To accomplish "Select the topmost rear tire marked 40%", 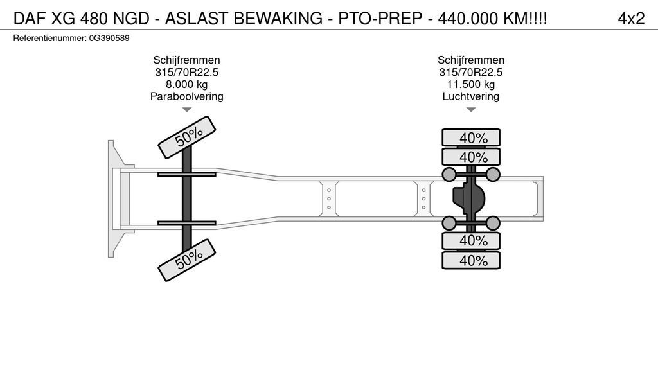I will point(471,137).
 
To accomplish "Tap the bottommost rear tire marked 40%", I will point(471,260).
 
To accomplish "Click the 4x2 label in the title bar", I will point(630,19).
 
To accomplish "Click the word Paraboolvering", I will point(186,97).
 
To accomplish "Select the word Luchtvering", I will point(471,97).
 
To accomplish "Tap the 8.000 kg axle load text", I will point(186,85).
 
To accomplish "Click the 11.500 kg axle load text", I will point(471,85).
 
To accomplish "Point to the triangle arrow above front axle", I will point(186,110).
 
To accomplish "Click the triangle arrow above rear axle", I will point(471,110).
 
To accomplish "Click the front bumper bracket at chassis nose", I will point(114,199).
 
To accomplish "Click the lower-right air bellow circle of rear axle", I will point(493,224).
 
